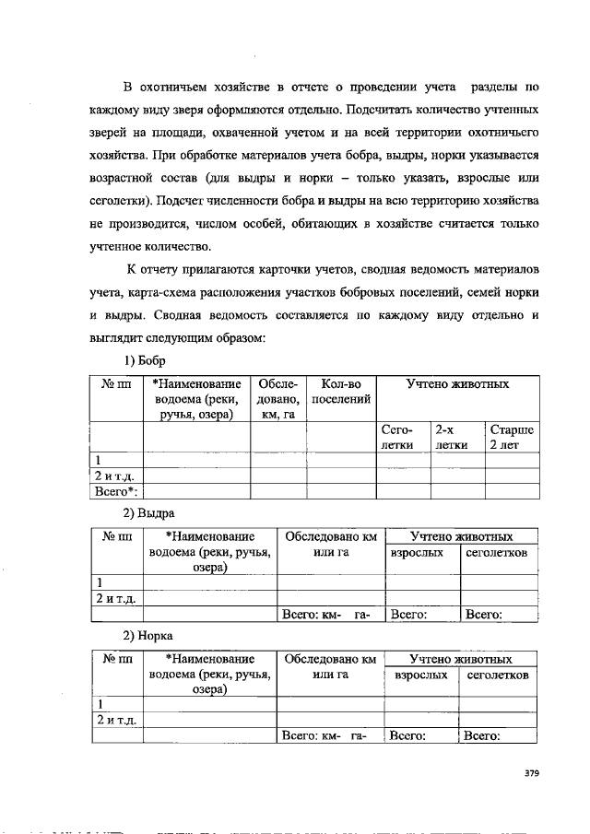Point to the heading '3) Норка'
click(148, 636)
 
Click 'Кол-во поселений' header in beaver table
click(342, 391)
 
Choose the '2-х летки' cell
click(453, 437)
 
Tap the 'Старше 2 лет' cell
click(511, 437)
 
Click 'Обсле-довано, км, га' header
click(278, 398)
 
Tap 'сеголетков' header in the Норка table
click(497, 675)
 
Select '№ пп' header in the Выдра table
click(117, 535)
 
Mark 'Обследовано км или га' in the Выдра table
click(330, 543)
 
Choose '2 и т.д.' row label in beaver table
click(116, 476)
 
